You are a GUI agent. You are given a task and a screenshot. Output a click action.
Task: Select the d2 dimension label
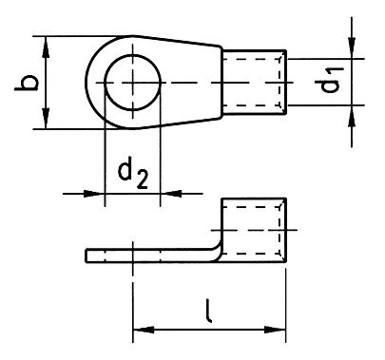click(x=130, y=175)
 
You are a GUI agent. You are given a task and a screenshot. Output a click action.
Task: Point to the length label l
click(x=208, y=311)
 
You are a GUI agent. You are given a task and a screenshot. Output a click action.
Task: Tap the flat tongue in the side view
click(x=143, y=254)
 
